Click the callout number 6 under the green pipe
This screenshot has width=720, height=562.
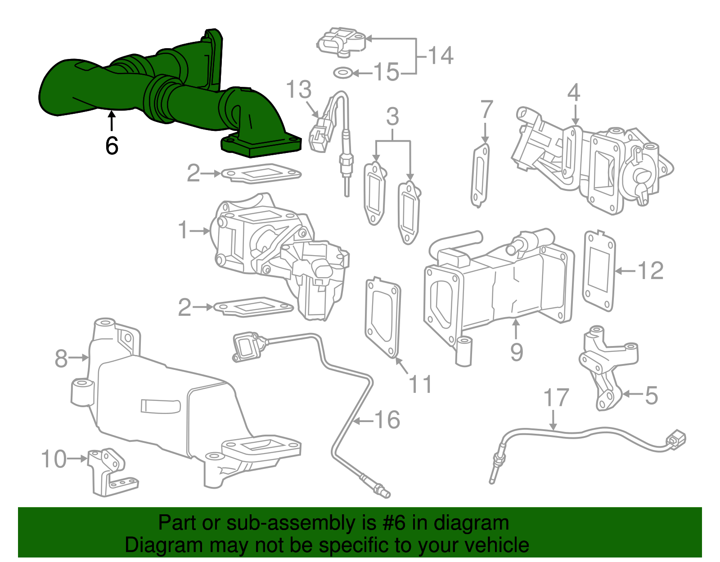click(x=112, y=145)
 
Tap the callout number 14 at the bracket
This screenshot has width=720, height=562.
click(x=440, y=56)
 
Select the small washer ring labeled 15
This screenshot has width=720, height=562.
click(x=342, y=72)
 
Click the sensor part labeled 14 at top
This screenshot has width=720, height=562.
click(x=341, y=42)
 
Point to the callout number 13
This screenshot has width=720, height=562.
click(x=299, y=89)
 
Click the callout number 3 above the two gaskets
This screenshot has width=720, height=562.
click(x=392, y=117)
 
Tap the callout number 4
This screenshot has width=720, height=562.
click(x=573, y=93)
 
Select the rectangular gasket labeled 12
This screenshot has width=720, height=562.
click(x=599, y=271)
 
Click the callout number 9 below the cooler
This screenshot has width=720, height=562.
click(x=517, y=352)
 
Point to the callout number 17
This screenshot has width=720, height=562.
click(x=556, y=398)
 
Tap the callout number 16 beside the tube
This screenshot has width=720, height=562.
click(x=387, y=420)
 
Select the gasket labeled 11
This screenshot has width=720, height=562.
click(x=383, y=317)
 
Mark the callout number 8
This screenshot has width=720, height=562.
click(x=61, y=359)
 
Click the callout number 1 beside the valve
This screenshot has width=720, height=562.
click(x=183, y=230)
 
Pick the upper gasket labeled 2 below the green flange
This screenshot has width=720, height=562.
click(x=261, y=173)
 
